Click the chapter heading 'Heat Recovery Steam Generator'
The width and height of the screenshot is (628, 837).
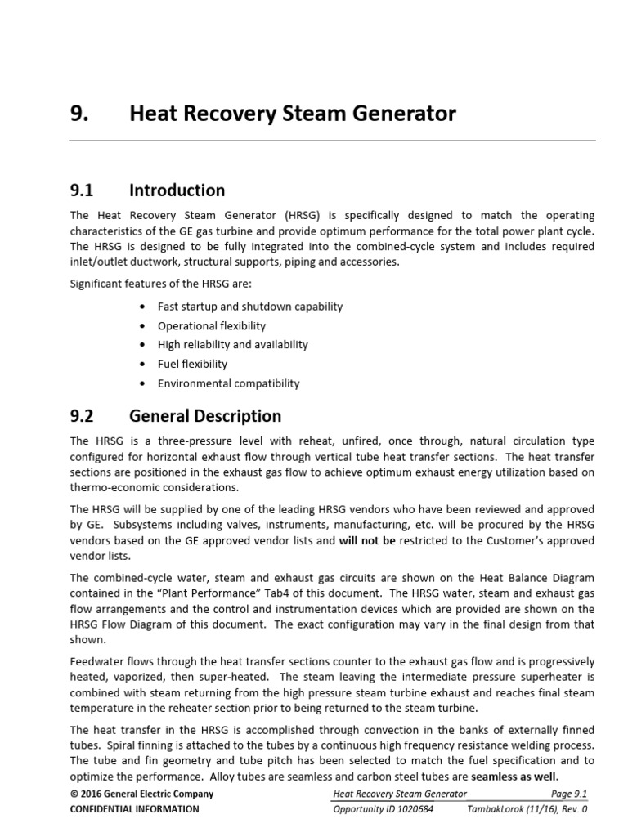pyautogui.click(x=293, y=114)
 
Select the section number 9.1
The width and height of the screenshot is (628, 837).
pyautogui.click(x=83, y=190)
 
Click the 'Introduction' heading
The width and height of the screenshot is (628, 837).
pyautogui.click(x=177, y=190)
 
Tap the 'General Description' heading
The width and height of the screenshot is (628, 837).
pyautogui.click(x=205, y=416)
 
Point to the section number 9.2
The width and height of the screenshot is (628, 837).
pyautogui.click(x=83, y=416)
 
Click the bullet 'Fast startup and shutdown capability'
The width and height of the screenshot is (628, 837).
pyautogui.click(x=250, y=307)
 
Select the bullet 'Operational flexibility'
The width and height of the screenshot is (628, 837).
pyautogui.click(x=212, y=325)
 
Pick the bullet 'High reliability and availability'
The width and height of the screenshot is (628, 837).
pyautogui.click(x=233, y=345)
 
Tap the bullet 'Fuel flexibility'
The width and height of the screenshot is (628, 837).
pyautogui.click(x=193, y=364)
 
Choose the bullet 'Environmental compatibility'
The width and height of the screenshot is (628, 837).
pyautogui.click(x=229, y=383)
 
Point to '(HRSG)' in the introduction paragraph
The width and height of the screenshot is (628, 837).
pyautogui.click(x=305, y=216)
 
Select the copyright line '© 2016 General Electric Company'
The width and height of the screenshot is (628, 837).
pyautogui.click(x=141, y=794)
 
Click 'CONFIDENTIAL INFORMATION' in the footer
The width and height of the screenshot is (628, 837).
pyautogui.click(x=134, y=809)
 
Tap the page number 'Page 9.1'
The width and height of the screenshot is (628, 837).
pyautogui.click(x=569, y=794)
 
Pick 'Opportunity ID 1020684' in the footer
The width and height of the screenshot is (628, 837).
pyautogui.click(x=384, y=809)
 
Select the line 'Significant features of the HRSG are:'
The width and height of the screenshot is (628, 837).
pyautogui.click(x=161, y=283)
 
